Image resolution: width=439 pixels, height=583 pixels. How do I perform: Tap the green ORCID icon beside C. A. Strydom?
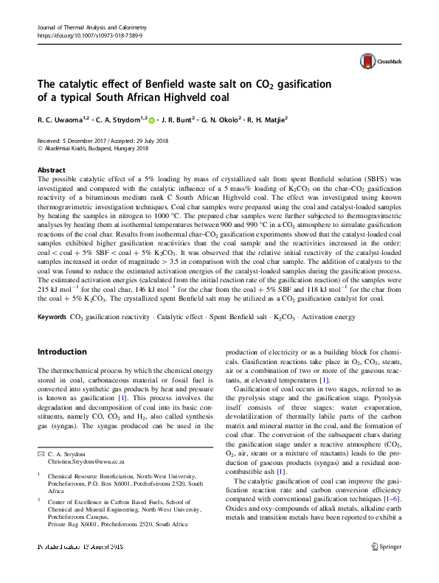tap(152, 119)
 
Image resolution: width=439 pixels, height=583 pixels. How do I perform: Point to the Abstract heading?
tap(51, 169)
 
